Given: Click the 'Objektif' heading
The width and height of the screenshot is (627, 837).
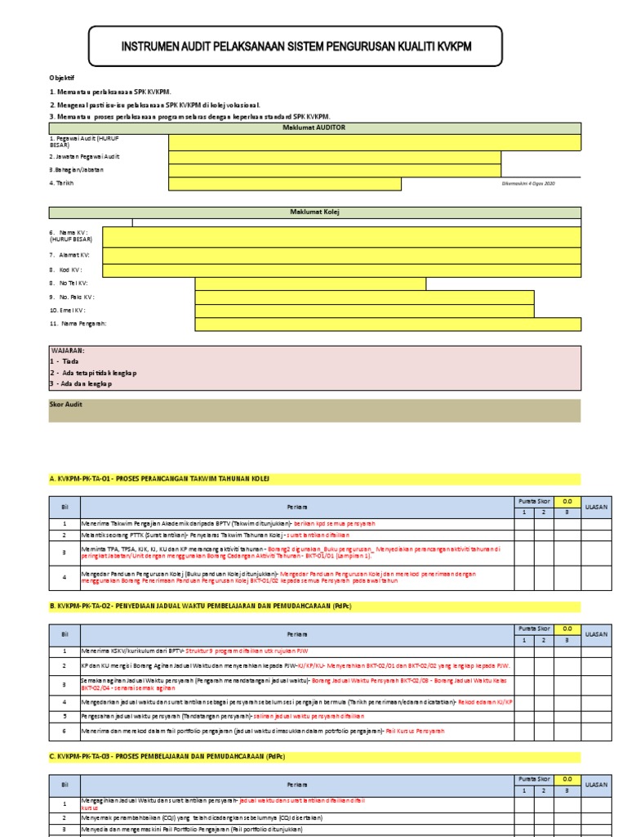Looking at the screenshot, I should click(62, 78).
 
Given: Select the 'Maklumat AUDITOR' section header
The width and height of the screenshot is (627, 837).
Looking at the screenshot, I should click(314, 128).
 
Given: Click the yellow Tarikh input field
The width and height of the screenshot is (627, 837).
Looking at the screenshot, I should click(285, 184).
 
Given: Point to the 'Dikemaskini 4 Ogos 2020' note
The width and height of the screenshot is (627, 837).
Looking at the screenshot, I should click(528, 183).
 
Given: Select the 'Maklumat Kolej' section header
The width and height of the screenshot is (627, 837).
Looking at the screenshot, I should click(314, 213).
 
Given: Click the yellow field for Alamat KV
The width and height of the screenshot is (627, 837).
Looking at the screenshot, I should click(341, 255).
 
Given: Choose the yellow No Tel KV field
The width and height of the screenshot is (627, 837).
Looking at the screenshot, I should click(310, 283).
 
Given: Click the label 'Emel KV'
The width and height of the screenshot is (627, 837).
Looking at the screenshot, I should click(68, 311).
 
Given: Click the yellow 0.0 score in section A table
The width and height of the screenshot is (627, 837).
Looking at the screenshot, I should click(567, 501).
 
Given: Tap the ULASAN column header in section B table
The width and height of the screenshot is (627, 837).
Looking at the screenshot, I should click(597, 633).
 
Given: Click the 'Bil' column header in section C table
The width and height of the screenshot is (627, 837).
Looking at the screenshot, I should click(64, 784).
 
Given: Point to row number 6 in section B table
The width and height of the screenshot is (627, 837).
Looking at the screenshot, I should click(64, 729).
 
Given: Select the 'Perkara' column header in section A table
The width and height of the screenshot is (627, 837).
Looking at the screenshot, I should click(296, 507).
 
